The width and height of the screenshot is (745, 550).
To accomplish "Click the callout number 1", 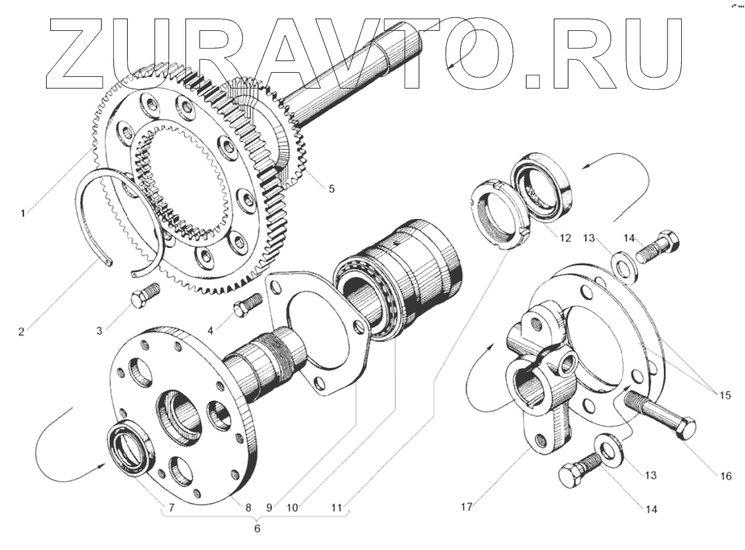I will tap(23, 213).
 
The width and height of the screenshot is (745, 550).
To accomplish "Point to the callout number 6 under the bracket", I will tap(257, 530).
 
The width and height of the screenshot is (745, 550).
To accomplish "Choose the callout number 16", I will tap(726, 476).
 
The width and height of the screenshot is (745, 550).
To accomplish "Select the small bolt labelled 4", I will tap(248, 305).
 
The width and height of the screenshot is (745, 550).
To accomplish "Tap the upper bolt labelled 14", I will tap(657, 250).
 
